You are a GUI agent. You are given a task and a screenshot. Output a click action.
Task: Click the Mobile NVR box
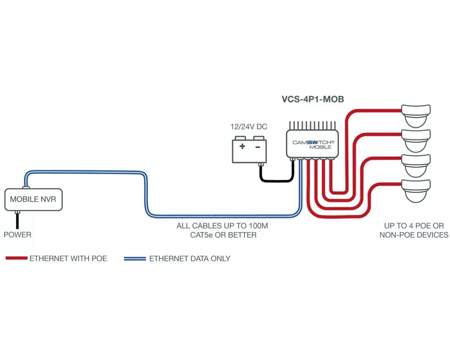point(33,199)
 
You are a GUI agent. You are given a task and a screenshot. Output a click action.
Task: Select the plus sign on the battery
point(242,147)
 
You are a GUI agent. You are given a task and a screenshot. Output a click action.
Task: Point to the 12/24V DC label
point(249,127)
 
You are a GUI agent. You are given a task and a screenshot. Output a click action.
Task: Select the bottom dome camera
point(416,190)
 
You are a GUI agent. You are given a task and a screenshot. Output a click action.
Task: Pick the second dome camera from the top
point(416,140)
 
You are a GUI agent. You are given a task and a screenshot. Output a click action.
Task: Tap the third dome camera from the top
point(416,165)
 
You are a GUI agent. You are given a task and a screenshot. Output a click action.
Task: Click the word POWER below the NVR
point(18,235)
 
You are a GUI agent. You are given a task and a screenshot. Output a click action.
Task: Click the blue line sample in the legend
point(135,259)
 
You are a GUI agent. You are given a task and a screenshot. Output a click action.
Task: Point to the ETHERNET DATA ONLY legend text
point(189,259)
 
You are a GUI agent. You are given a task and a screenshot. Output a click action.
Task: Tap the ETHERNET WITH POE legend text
point(68,259)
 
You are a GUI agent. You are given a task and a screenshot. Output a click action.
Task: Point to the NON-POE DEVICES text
point(414,235)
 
